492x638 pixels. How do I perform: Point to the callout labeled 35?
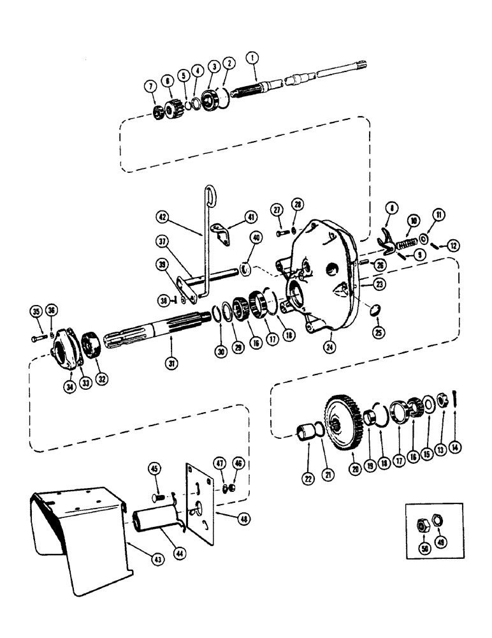(35, 311)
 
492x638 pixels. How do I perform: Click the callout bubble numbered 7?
(151, 86)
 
